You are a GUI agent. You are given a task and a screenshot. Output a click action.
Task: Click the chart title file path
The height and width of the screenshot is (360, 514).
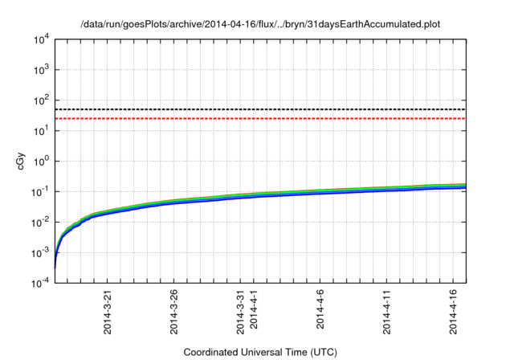(261, 25)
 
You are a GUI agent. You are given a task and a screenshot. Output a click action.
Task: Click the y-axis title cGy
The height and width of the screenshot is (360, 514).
(22, 161)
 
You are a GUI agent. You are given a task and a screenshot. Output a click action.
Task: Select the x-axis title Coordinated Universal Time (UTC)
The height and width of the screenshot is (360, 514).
(261, 352)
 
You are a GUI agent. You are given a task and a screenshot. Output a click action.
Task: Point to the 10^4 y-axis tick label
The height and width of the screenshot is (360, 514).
(41, 39)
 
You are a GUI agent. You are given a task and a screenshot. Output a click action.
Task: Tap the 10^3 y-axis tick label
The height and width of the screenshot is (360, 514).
(41, 70)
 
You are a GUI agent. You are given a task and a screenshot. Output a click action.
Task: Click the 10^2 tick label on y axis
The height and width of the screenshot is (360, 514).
(41, 100)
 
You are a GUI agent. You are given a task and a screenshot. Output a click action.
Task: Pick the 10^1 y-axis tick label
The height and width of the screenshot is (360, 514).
(41, 131)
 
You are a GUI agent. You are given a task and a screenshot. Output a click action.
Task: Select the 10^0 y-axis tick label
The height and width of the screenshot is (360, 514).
(41, 162)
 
